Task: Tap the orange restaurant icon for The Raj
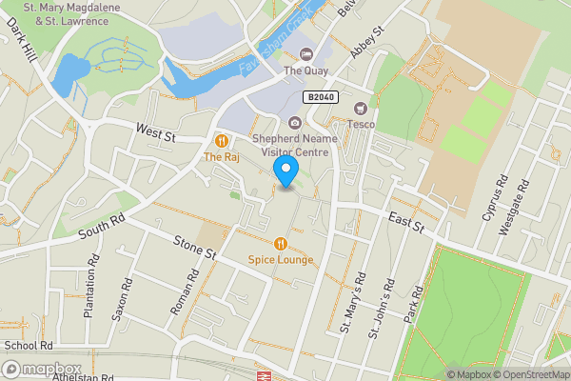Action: click(221, 141)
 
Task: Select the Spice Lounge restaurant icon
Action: click(280, 243)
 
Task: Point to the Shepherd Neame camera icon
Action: click(294, 121)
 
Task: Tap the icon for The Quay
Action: click(305, 53)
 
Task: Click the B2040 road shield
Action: click(321, 97)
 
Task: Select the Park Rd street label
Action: click(412, 304)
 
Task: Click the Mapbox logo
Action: click(43, 369)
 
